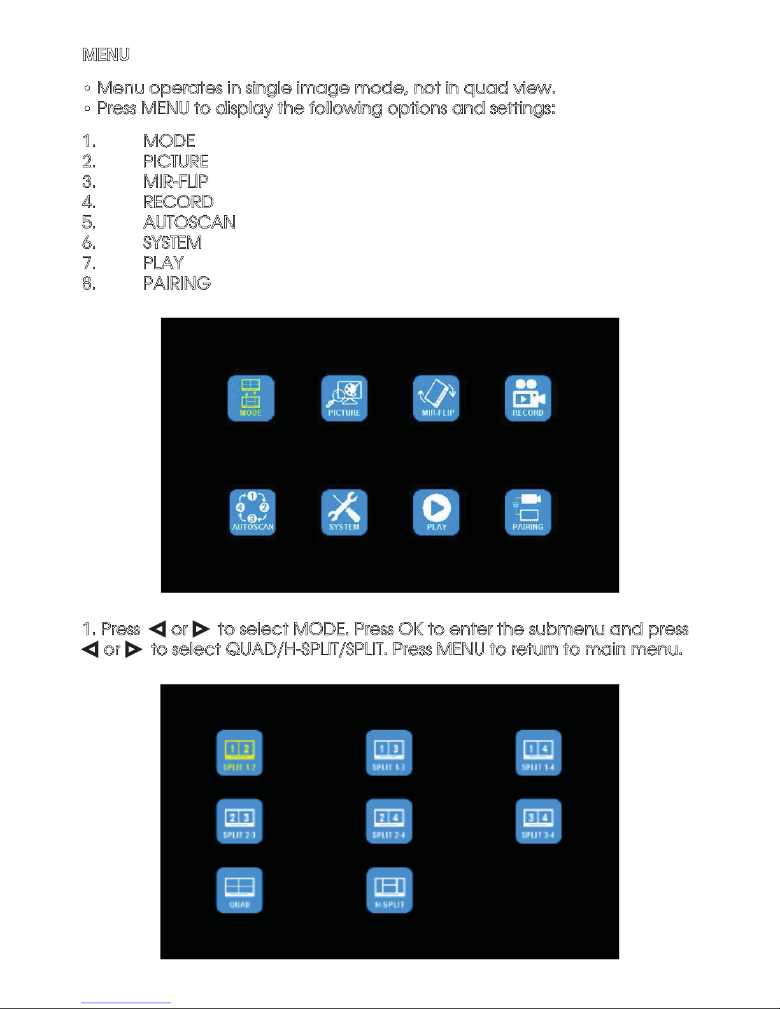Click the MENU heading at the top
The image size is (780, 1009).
[106, 55]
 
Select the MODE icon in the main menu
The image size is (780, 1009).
[251, 399]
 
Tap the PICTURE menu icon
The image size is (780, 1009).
[344, 399]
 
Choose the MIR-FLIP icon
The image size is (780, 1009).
[436, 399]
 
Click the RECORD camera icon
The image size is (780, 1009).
[528, 399]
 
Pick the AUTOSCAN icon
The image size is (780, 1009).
[253, 512]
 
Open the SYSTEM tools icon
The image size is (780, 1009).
[344, 512]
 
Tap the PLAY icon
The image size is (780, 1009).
[436, 512]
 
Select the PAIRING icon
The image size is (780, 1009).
[528, 512]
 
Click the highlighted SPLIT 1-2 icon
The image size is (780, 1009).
[239, 753]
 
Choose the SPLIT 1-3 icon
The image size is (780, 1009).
[389, 753]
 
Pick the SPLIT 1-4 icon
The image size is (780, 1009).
[538, 753]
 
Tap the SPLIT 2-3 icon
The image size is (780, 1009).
[239, 821]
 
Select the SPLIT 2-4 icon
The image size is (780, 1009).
[389, 821]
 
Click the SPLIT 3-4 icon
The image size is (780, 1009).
[538, 821]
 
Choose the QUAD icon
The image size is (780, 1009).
[239, 890]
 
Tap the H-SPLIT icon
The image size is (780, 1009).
[390, 890]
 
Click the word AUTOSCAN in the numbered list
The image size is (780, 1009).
[189, 222]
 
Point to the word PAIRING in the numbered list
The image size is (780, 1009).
[176, 283]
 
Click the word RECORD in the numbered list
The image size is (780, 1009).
[178, 202]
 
